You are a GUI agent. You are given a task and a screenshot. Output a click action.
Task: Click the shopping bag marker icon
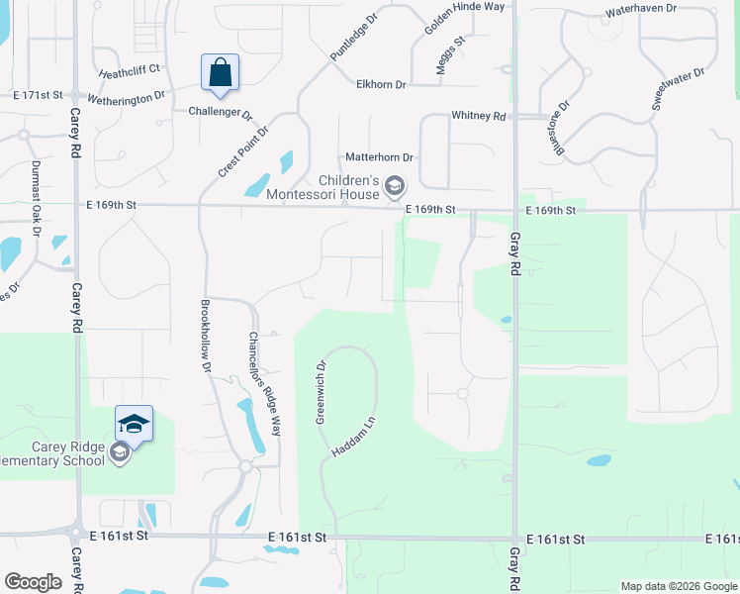click(x=220, y=73)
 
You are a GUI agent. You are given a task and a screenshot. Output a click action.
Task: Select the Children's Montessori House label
click(x=348, y=187)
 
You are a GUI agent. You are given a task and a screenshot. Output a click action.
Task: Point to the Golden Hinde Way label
click(x=465, y=19)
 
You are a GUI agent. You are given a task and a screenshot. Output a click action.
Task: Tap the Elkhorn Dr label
click(x=381, y=85)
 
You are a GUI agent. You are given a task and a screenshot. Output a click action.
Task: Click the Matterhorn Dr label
click(x=379, y=157)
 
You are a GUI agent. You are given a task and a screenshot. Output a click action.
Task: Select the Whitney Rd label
click(x=478, y=116)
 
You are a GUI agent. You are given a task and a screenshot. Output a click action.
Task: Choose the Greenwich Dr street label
click(x=321, y=392)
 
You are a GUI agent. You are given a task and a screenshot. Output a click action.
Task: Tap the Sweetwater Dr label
click(x=678, y=89)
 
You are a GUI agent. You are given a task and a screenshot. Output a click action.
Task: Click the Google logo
click(x=33, y=582)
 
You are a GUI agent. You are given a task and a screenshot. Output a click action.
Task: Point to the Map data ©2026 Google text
click(x=678, y=586)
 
